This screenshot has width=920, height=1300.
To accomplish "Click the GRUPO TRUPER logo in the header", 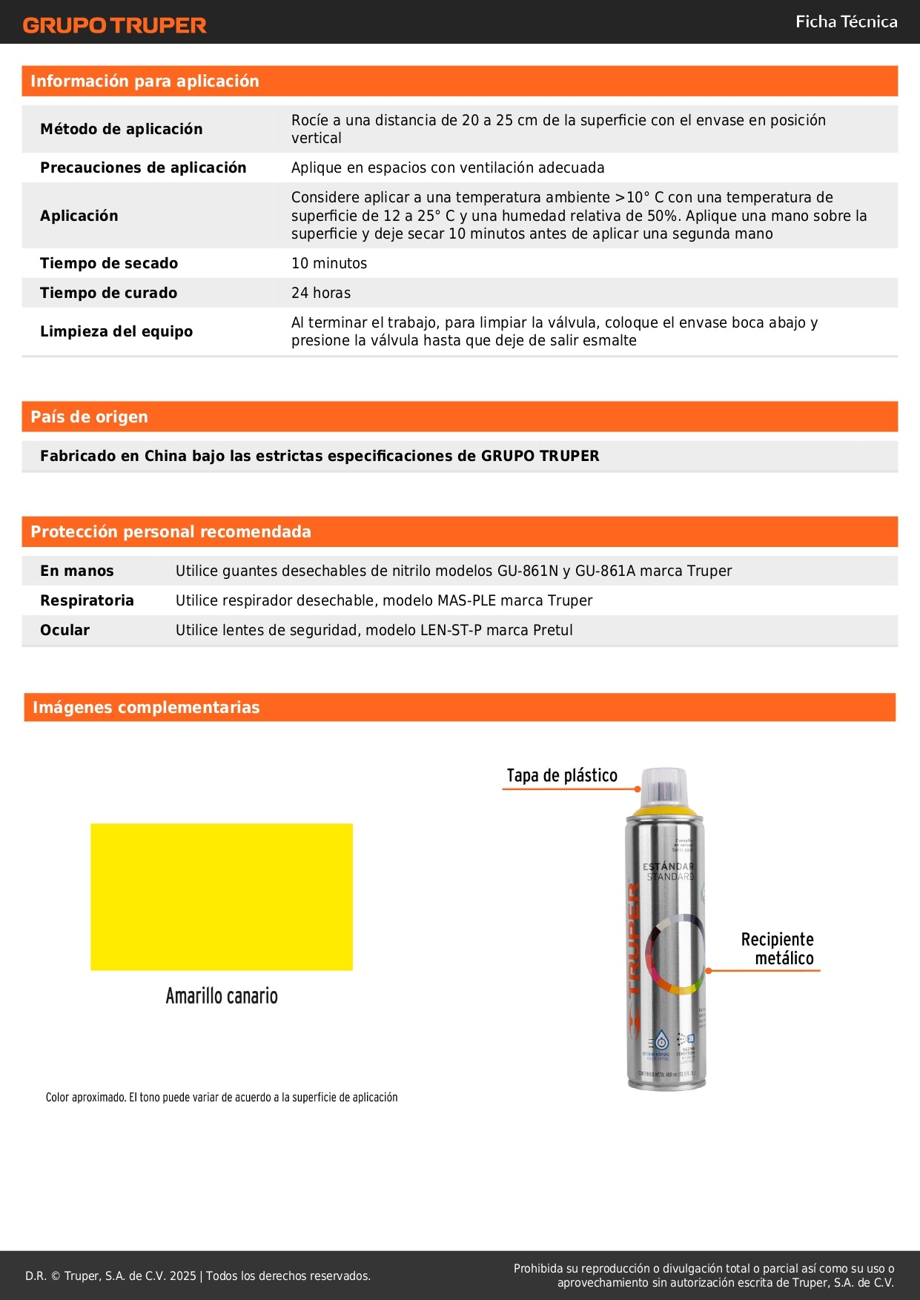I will click(x=114, y=25).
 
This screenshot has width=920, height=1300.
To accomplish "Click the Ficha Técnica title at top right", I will click(x=846, y=21).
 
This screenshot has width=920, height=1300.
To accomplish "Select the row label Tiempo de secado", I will click(x=109, y=263).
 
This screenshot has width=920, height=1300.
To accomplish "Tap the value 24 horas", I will click(x=321, y=293).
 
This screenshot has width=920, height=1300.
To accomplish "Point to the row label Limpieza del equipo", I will click(x=116, y=331).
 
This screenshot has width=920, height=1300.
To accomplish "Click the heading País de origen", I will click(x=89, y=417).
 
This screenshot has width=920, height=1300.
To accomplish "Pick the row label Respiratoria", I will click(x=87, y=600).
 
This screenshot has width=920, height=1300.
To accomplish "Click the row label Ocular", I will click(x=64, y=630).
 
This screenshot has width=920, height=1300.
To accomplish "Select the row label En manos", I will click(x=76, y=571).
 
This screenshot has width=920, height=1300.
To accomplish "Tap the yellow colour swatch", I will click(x=222, y=896).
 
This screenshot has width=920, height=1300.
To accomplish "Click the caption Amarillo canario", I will click(x=222, y=995).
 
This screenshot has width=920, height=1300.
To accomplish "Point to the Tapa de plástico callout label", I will click(x=562, y=775).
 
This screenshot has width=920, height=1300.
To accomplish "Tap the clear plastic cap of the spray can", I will click(x=665, y=786).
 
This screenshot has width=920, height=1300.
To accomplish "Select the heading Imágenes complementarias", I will click(x=146, y=707).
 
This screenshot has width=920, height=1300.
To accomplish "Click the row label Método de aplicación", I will click(x=121, y=129).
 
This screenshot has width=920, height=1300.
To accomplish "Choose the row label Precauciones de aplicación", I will click(x=143, y=168).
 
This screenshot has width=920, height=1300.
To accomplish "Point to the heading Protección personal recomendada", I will click(x=171, y=531).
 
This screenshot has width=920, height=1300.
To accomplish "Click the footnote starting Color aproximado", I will click(x=222, y=1097).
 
